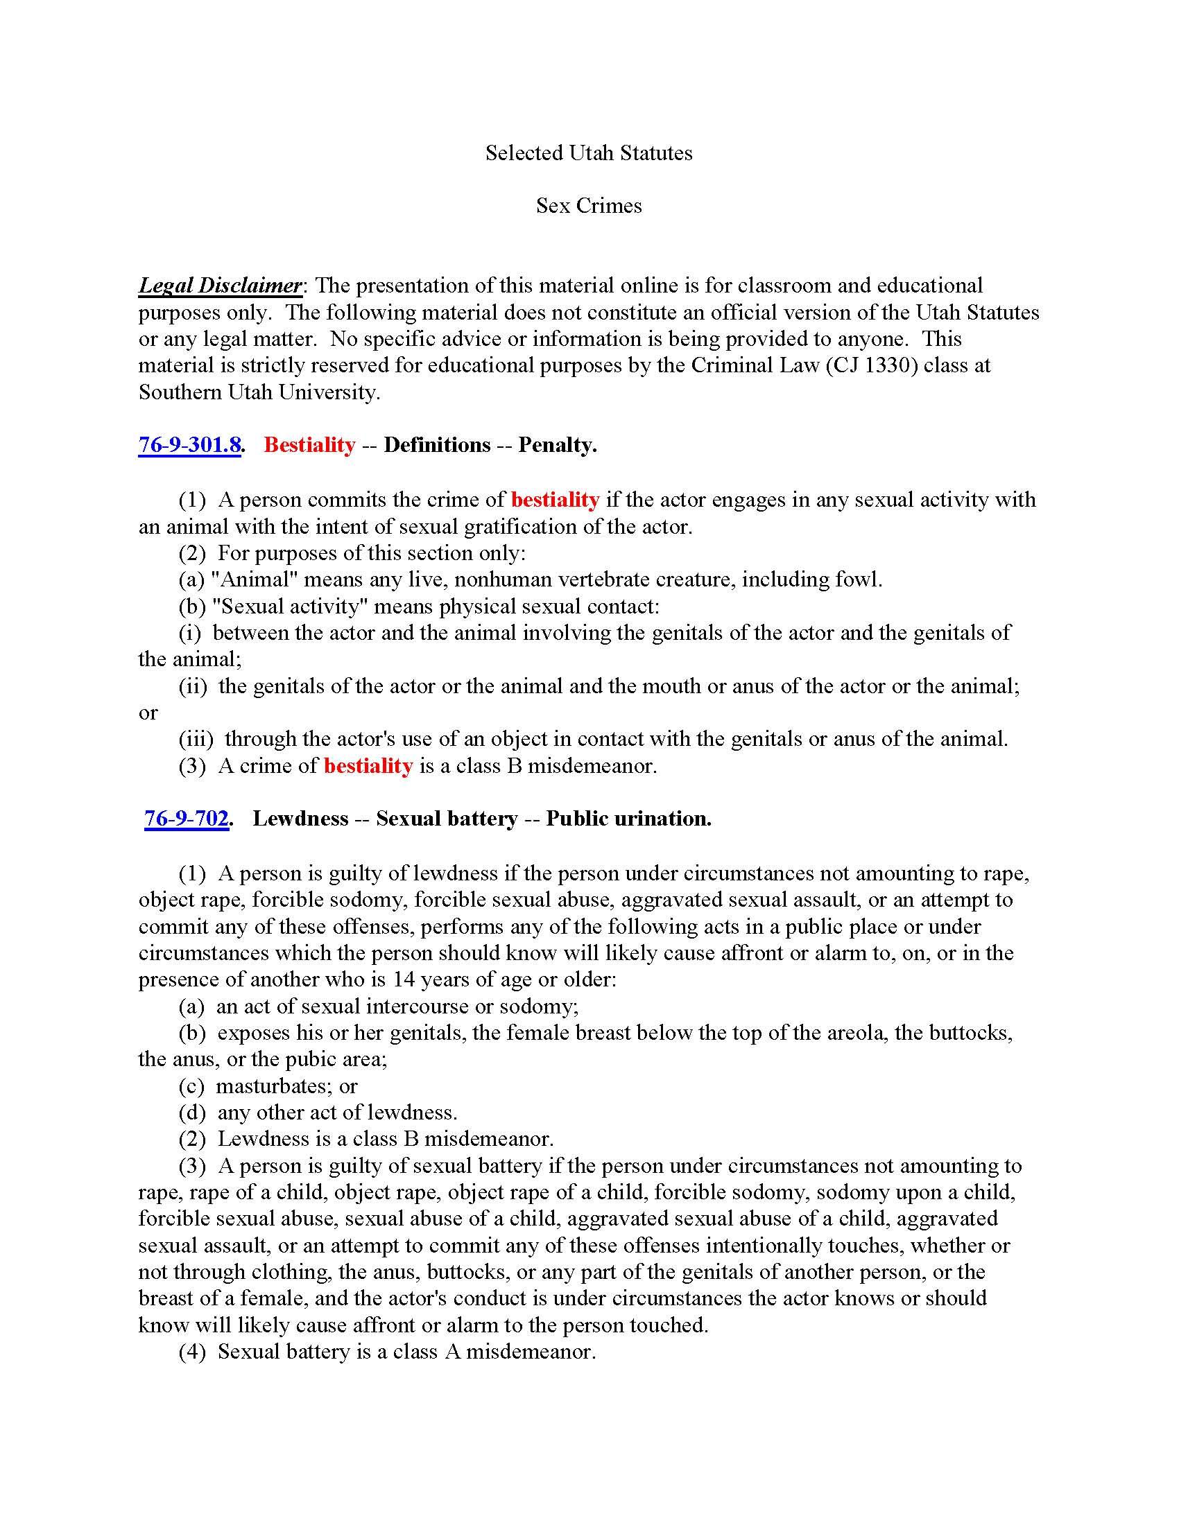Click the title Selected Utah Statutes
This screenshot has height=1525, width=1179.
tap(589, 153)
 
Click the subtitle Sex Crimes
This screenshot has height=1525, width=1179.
tap(589, 206)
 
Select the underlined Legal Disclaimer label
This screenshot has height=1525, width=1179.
tap(220, 286)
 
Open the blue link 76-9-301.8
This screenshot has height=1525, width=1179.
tap(189, 445)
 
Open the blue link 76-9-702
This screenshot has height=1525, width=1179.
tap(187, 819)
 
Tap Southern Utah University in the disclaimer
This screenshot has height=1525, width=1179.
tap(259, 392)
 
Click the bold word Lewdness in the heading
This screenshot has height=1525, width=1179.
tap(300, 819)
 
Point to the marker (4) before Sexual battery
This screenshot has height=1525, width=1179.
tap(192, 1351)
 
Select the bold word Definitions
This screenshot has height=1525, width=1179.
tap(436, 445)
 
